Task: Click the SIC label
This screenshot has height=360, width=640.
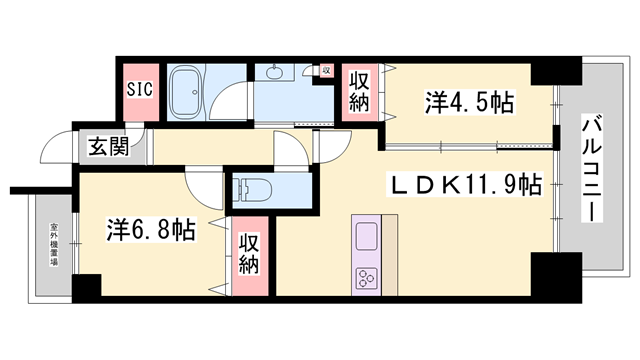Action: pyautogui.click(x=139, y=88)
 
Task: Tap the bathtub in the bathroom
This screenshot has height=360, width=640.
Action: pyautogui.click(x=186, y=93)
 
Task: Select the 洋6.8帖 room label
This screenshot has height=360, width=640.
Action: pyautogui.click(x=150, y=230)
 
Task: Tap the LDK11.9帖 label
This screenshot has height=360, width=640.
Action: pyautogui.click(x=465, y=185)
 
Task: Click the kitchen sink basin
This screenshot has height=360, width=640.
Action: pyautogui.click(x=366, y=240)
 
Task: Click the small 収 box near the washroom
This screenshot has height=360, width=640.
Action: pyautogui.click(x=326, y=71)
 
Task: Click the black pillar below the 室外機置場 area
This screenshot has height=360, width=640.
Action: pyautogui.click(x=86, y=286)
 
